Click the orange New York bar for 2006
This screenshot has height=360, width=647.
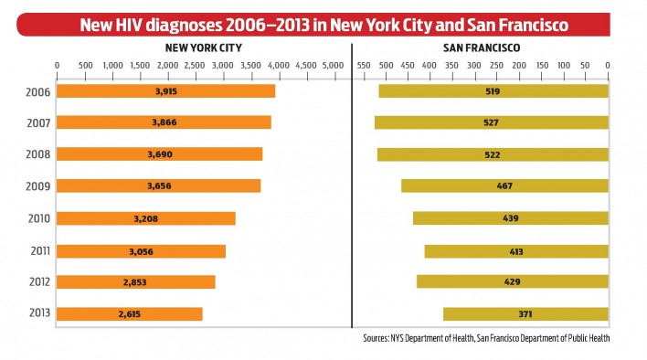coord(165,91)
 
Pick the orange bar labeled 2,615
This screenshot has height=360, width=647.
coord(129,314)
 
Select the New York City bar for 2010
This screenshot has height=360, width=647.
coord(145,218)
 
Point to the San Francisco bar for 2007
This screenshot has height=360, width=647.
coord(491,122)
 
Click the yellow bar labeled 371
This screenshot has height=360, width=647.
coord(525,314)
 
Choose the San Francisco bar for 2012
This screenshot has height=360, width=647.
coord(512,281)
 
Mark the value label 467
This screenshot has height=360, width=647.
coord(504,186)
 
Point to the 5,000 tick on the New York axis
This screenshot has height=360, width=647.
coord(333,66)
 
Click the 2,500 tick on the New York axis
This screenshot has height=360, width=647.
coord(195,66)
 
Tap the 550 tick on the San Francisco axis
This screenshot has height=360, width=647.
coord(363,66)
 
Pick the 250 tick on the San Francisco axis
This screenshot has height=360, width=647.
coord(496,66)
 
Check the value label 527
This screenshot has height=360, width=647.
coord(492,122)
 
